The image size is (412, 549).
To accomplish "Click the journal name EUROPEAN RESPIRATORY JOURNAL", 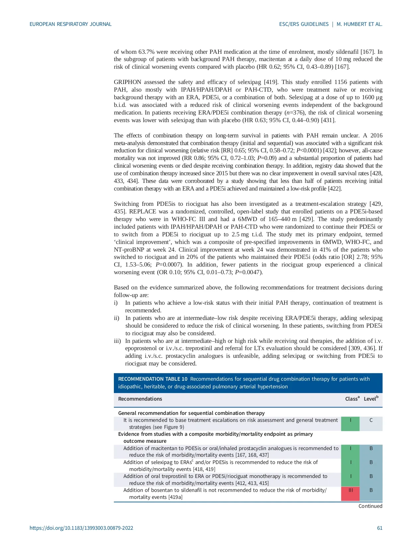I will pyautogui.click(x=70, y=24).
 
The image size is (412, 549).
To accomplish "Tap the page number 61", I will pyautogui.click(x=379, y=528).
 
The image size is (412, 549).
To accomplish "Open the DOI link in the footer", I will pyautogui.click(x=81, y=528).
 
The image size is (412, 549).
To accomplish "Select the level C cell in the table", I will pyautogui.click(x=371, y=420).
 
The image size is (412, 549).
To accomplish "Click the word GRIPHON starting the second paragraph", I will pyautogui.click(x=127, y=82).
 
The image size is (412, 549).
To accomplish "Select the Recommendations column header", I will pyautogui.click(x=140, y=399).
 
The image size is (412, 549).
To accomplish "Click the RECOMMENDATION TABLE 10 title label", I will pyautogui.click(x=153, y=379).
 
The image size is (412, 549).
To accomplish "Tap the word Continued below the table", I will pyautogui.click(x=370, y=506).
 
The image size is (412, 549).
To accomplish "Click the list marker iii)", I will pyautogui.click(x=117, y=341).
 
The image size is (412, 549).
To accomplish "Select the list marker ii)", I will pyautogui.click(x=117, y=318).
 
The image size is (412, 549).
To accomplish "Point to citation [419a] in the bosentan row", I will pyautogui.click(x=175, y=497).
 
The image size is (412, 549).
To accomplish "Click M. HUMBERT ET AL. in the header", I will pyautogui.click(x=359, y=24).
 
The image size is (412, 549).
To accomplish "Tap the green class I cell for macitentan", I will pyautogui.click(x=350, y=448).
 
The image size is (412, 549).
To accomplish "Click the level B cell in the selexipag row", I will pyautogui.click(x=371, y=462).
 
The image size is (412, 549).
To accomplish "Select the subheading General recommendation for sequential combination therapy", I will pyautogui.click(x=191, y=413).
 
